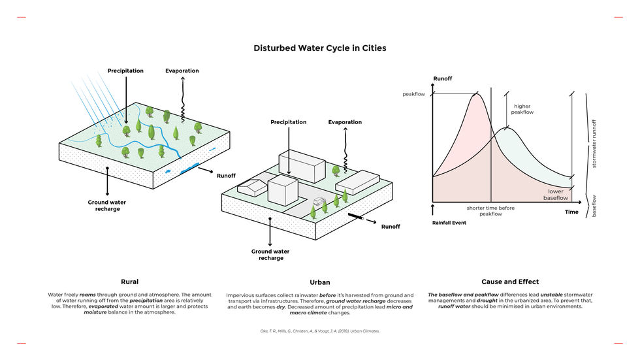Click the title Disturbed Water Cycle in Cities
[319, 48]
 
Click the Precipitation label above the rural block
[125, 71]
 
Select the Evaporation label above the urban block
[345, 122]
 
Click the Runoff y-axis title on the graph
[443, 79]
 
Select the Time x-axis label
[571, 212]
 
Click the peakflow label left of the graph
[413, 95]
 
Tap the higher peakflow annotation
[522, 109]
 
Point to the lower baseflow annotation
[557, 194]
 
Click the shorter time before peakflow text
[490, 211]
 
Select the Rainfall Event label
[449, 223]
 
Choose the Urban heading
[319, 283]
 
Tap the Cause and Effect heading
[510, 282]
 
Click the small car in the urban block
[319, 202]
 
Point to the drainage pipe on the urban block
[356, 216]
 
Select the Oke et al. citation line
[319, 331]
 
